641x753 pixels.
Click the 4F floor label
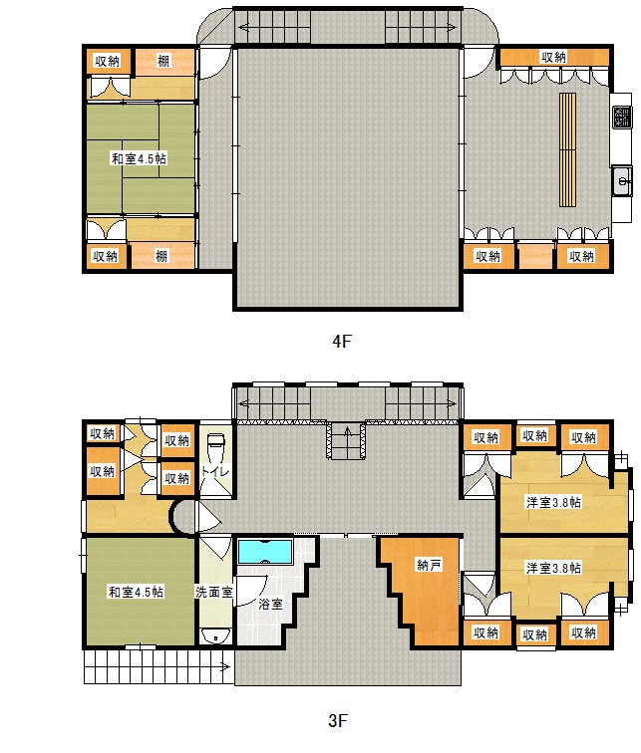click(342, 341)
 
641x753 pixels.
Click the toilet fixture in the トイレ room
click(215, 442)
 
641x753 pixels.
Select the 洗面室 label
click(213, 592)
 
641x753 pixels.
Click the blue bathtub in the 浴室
click(264, 551)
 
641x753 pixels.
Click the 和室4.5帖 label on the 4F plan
click(138, 157)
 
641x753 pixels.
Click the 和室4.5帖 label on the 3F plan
click(136, 592)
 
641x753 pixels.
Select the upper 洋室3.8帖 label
click(554, 502)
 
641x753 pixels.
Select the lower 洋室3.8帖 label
click(554, 569)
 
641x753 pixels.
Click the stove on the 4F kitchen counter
click(620, 117)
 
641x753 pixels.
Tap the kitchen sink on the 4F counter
click(621, 181)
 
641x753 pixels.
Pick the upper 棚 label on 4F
click(162, 62)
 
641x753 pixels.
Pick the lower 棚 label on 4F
click(161, 256)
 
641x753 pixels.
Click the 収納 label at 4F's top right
click(554, 57)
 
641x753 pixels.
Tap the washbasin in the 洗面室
click(211, 635)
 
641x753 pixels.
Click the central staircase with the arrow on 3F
click(346, 439)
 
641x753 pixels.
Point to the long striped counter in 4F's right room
click(567, 149)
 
